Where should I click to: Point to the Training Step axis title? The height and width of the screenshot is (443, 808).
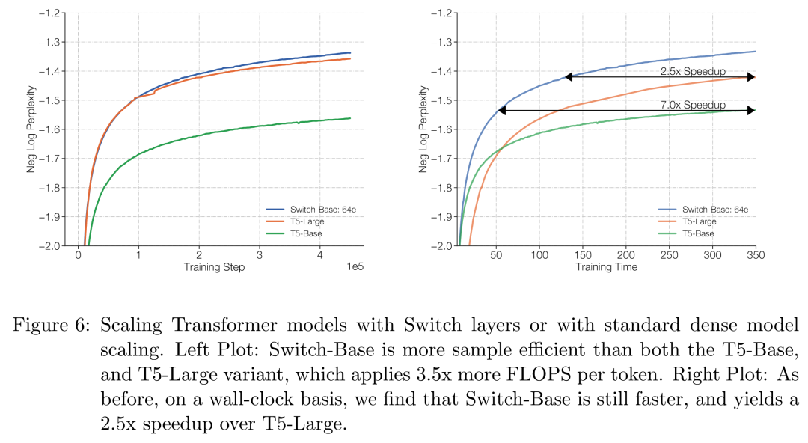pyautogui.click(x=213, y=267)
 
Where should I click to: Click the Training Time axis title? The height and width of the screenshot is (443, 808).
pyautogui.click(x=606, y=267)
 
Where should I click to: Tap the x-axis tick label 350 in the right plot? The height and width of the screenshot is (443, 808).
pyautogui.click(x=755, y=255)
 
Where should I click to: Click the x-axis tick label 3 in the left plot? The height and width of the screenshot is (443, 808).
pyautogui.click(x=260, y=255)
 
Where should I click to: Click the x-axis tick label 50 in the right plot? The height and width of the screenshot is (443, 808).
pyautogui.click(x=496, y=255)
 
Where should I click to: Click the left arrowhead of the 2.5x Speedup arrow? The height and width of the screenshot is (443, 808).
pyautogui.click(x=569, y=76)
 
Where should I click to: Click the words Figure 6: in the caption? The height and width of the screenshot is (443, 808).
pyautogui.click(x=50, y=326)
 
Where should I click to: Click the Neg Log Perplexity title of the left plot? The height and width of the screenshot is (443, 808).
pyautogui.click(x=32, y=129)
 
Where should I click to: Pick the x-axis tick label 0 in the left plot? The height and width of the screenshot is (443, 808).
pyautogui.click(x=78, y=255)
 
